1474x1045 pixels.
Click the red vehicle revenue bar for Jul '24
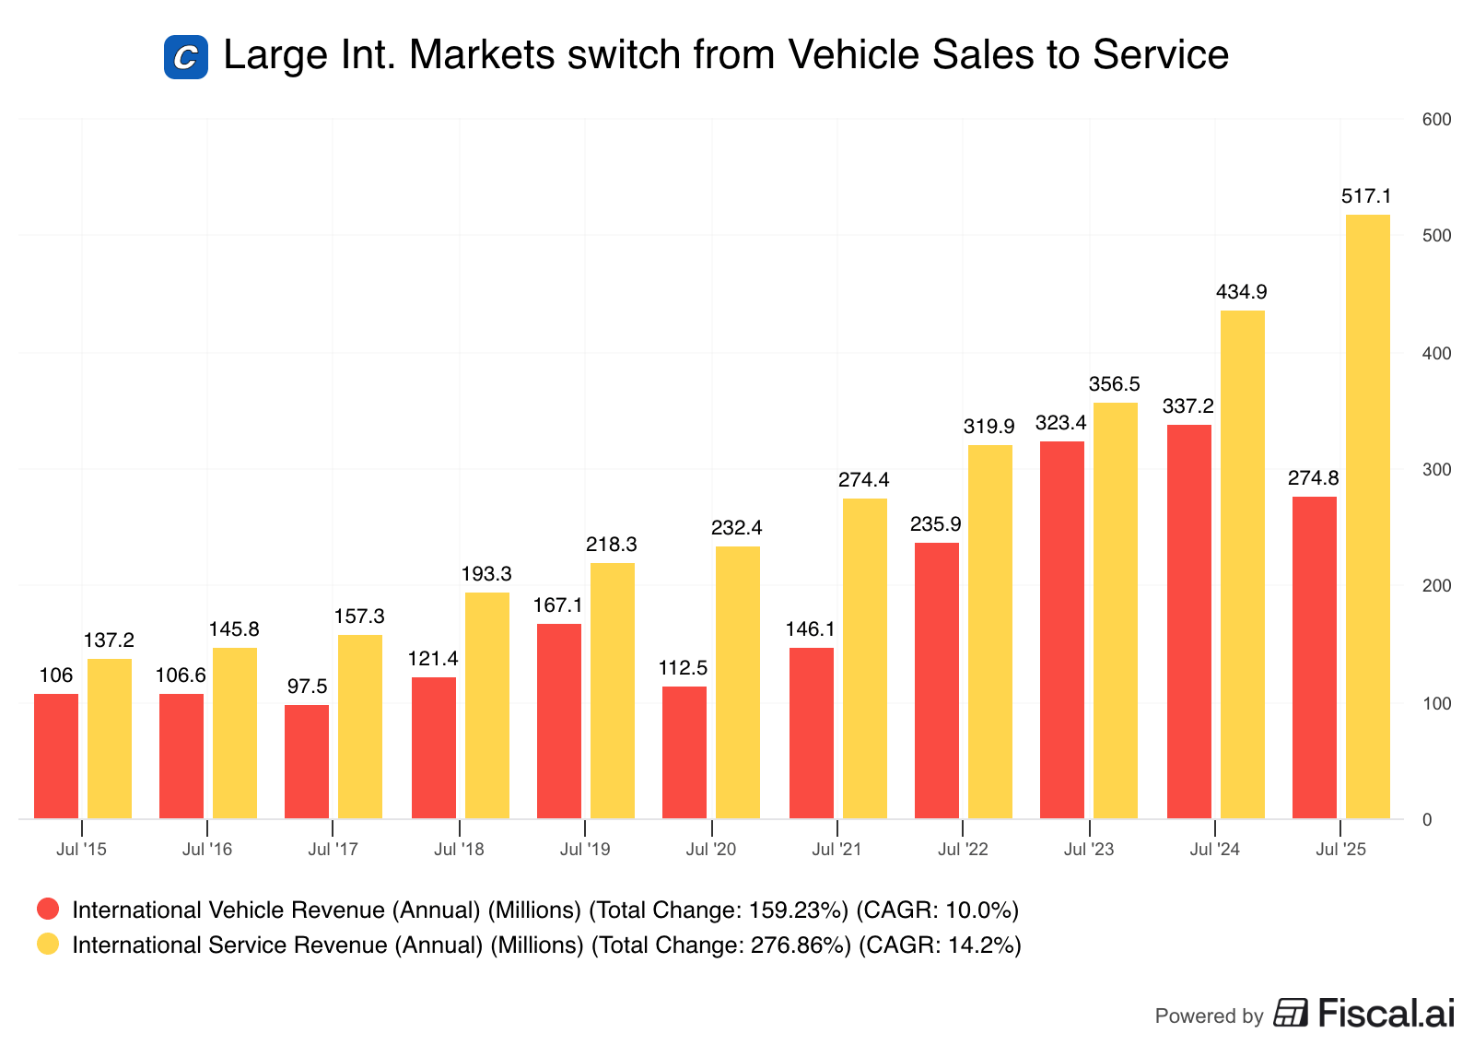click(1188, 621)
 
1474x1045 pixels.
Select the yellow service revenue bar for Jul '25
click(1367, 516)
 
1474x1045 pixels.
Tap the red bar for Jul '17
click(307, 761)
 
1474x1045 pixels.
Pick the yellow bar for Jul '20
click(737, 682)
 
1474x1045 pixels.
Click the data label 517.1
click(1366, 196)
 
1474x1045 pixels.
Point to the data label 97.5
click(307, 687)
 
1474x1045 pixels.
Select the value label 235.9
click(935, 524)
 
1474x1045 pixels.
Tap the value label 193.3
click(485, 574)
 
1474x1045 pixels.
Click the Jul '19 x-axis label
click(585, 850)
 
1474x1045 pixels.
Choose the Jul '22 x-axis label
click(963, 850)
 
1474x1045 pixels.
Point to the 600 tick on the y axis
click(1436, 120)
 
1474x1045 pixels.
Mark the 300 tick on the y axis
click(1436, 470)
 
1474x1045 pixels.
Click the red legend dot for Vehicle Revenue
click(48, 910)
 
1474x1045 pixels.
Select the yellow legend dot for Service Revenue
click(48, 945)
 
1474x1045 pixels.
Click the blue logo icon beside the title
click(186, 57)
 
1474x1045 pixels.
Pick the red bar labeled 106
click(56, 756)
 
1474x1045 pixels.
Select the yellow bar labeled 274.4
click(864, 658)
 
